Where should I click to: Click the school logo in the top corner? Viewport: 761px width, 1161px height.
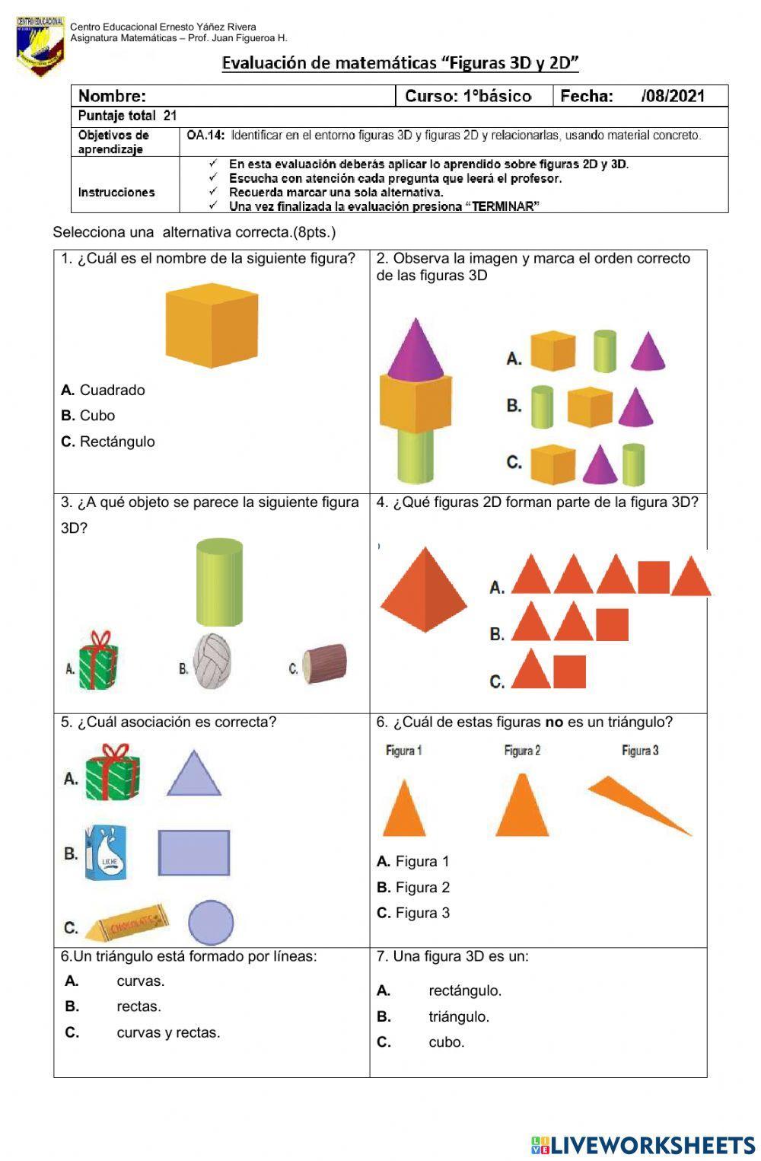(x=40, y=46)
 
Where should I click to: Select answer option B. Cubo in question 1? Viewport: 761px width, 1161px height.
(x=88, y=416)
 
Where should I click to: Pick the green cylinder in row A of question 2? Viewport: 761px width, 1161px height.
(x=604, y=351)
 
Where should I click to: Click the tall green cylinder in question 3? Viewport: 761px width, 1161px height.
(x=219, y=582)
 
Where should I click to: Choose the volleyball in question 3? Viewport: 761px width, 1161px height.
(x=212, y=660)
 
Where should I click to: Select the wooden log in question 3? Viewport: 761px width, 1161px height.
(x=325, y=664)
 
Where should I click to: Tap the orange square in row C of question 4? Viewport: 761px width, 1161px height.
(x=569, y=671)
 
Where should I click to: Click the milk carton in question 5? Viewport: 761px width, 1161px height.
(x=105, y=853)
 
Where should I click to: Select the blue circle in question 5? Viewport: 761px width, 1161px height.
(x=210, y=923)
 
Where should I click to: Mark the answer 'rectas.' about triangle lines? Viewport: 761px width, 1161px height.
(x=139, y=1006)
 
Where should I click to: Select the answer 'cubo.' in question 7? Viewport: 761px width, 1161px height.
(x=446, y=1042)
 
